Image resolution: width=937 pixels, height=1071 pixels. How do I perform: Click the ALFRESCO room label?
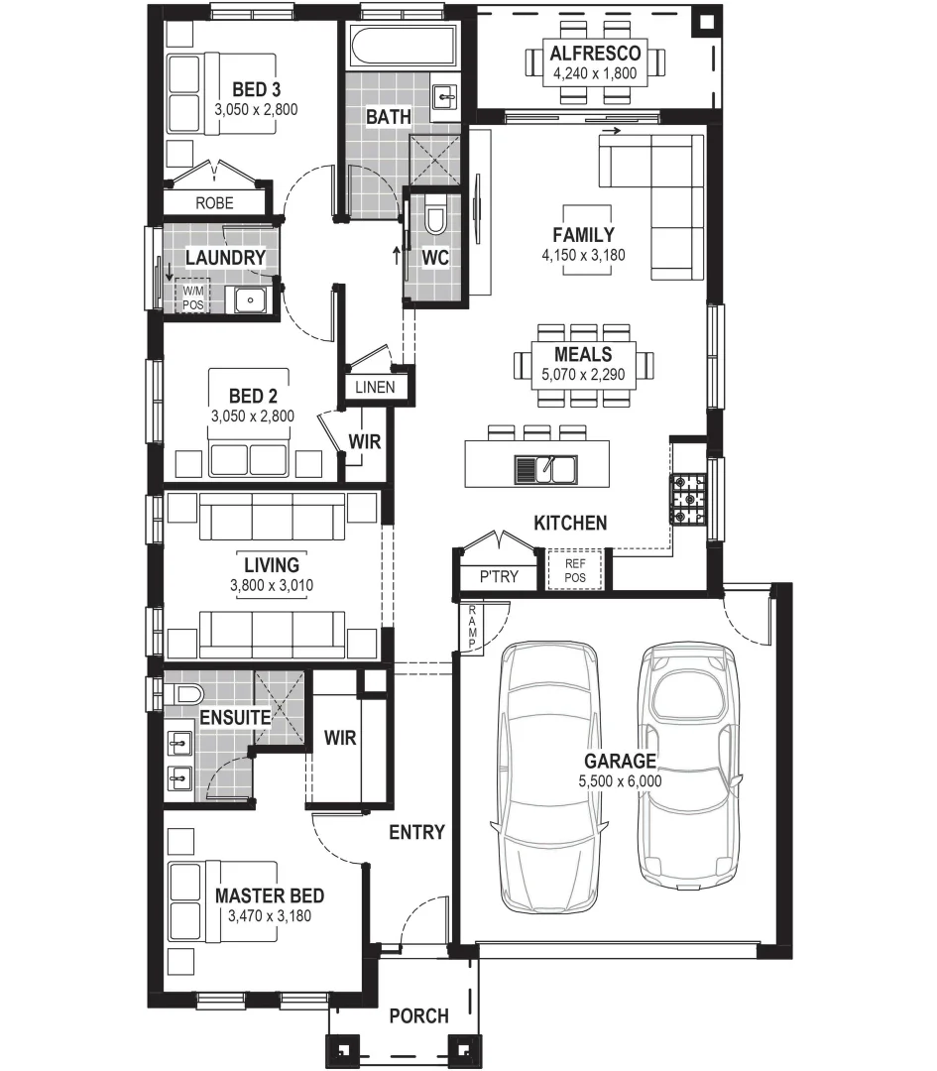click(595, 53)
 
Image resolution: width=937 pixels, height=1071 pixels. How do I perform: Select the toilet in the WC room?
click(435, 219)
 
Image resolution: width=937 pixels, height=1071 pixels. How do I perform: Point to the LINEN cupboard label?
click(374, 388)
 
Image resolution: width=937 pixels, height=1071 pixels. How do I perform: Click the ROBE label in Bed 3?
click(214, 202)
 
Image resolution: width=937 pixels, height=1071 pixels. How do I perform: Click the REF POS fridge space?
click(575, 570)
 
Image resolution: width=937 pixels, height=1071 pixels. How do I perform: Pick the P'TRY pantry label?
click(498, 576)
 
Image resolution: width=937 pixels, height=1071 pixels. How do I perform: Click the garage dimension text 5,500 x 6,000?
click(620, 781)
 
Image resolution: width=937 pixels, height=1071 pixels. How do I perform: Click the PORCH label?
click(417, 1016)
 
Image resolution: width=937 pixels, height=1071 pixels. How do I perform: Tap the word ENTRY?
click(416, 832)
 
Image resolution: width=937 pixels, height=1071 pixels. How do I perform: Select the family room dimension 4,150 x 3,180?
click(584, 255)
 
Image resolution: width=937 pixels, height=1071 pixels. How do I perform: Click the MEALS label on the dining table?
click(583, 354)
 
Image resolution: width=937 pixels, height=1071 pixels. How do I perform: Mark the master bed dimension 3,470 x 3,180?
click(270, 915)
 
